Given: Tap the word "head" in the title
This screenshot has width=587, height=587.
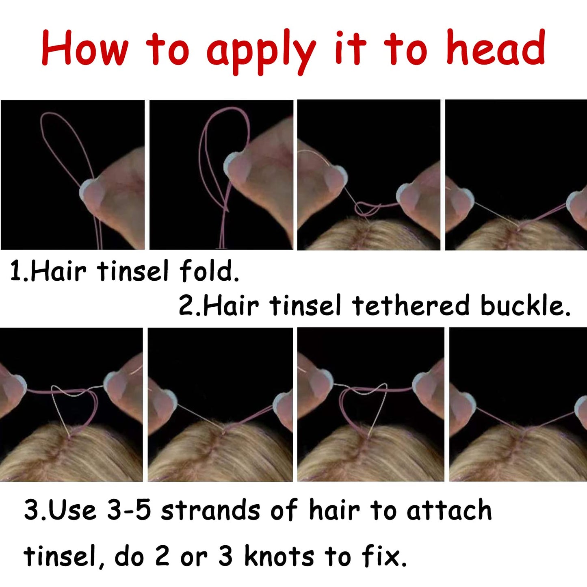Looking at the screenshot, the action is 496,47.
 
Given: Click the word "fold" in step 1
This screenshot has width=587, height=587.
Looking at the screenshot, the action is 208,271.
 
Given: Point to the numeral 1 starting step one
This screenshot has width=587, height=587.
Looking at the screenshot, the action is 15,271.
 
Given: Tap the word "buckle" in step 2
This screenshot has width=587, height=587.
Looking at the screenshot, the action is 524,305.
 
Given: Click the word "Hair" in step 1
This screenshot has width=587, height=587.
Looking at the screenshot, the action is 58,271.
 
